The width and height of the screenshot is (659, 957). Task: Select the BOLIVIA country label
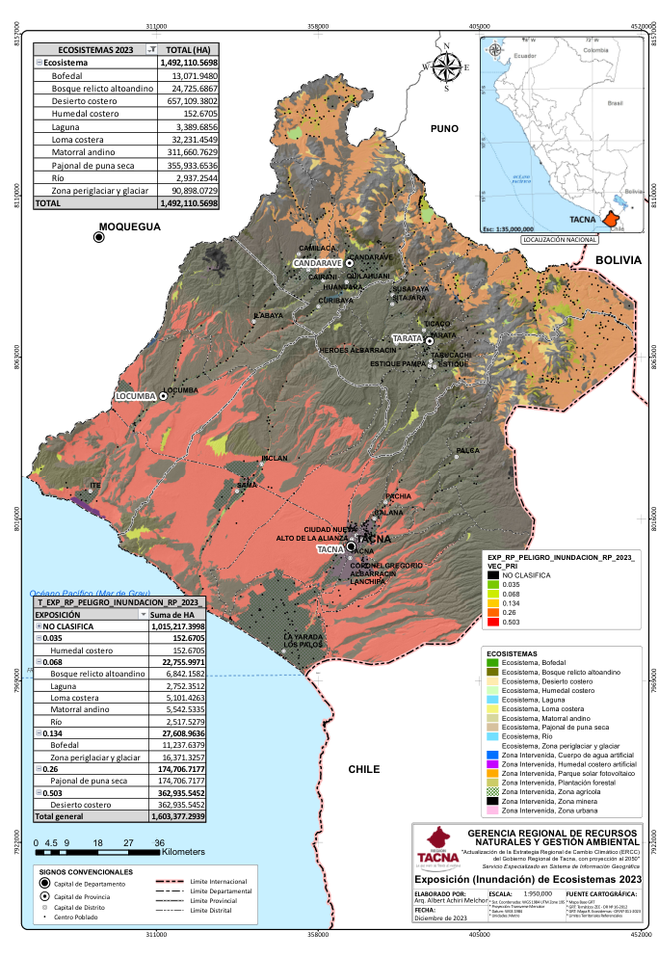tap(618, 260)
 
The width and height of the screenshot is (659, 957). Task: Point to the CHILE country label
tap(364, 769)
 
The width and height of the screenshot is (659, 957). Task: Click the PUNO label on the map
tap(445, 127)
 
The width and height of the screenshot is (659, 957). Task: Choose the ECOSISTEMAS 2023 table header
tap(96, 48)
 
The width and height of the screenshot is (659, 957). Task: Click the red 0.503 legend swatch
tap(492, 623)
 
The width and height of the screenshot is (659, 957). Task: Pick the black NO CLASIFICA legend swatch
tap(492, 574)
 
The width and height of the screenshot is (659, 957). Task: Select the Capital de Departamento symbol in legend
tap(44, 884)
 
